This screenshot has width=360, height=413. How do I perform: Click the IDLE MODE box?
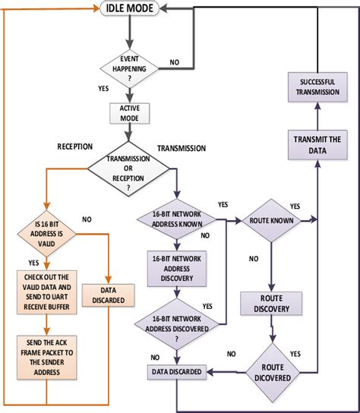(131, 9)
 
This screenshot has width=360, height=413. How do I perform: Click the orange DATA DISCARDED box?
(108, 295)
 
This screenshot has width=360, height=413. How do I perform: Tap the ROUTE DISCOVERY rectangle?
(272, 304)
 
